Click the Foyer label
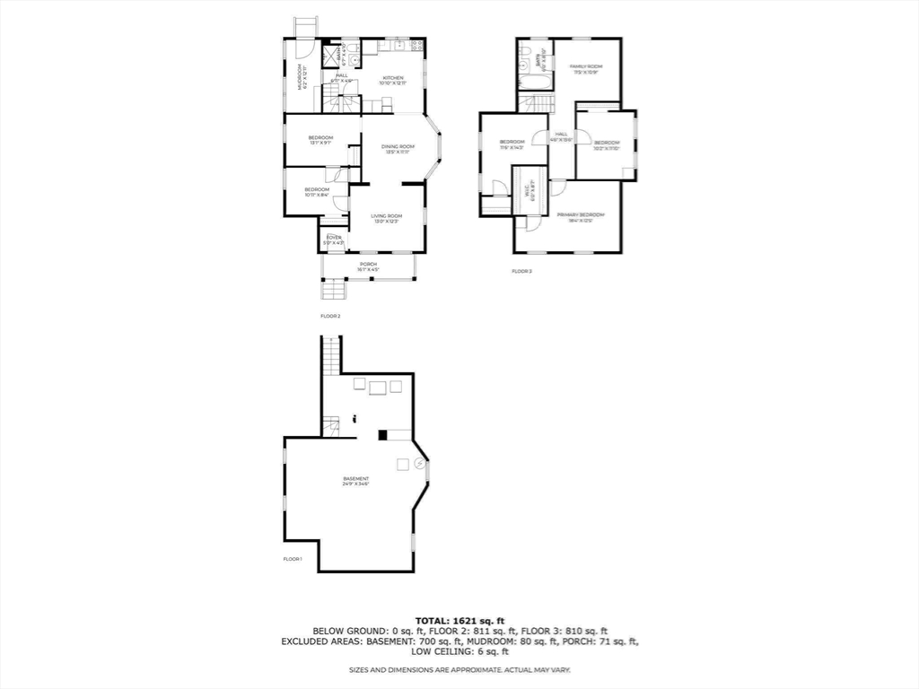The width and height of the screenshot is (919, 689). click(334, 240)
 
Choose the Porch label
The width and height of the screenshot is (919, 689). click(369, 266)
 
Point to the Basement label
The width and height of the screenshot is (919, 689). click(356, 481)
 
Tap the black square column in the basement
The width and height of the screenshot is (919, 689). click(382, 435)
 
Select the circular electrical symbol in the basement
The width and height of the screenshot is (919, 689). click(418, 463)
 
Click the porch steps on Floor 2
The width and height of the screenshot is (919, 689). click(333, 290)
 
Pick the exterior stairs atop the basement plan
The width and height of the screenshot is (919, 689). click(332, 355)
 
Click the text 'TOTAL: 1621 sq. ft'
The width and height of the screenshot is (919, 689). click(459, 621)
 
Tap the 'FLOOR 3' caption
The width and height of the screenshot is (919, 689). click(521, 271)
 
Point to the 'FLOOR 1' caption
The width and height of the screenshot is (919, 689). click(293, 559)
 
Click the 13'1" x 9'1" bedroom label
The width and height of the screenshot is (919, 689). click(321, 139)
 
